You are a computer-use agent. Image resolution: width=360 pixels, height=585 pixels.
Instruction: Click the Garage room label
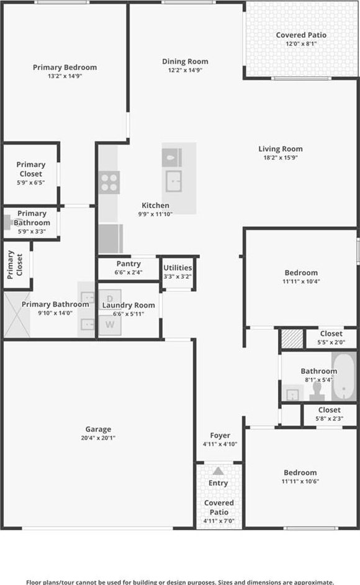pyautogui.click(x=98, y=429)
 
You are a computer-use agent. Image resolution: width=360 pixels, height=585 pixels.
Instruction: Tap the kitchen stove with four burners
pyautogui.click(x=109, y=183)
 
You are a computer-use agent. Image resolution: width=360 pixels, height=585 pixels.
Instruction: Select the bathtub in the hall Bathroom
pyautogui.click(x=344, y=376)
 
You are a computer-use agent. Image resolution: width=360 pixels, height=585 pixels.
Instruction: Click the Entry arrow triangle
pyautogui.click(x=218, y=471)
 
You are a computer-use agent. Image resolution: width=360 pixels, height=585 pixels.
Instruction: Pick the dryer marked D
pyautogui.click(x=110, y=299)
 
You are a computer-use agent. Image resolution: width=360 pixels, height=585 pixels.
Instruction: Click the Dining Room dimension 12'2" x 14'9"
pyautogui.click(x=185, y=70)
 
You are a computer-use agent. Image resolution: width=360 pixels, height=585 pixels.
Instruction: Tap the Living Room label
pyautogui.click(x=281, y=149)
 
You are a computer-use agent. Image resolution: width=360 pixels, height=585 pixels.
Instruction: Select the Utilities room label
pyautogui.click(x=178, y=268)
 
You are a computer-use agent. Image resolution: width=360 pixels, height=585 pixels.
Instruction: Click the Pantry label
pyautogui.click(x=128, y=263)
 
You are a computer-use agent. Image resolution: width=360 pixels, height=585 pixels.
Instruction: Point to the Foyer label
pyautogui.click(x=220, y=435)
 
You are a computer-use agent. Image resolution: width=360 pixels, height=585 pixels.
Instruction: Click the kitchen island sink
pyautogui.click(x=174, y=181)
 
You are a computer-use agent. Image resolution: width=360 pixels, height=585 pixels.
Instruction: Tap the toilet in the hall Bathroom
pyautogui.click(x=317, y=391)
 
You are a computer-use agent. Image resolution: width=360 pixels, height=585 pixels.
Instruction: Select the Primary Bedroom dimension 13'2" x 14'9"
pyautogui.click(x=65, y=76)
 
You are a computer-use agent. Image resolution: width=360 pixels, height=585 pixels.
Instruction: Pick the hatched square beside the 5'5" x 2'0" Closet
pyautogui.click(x=292, y=338)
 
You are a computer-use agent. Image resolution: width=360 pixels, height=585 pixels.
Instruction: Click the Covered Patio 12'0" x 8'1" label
pyautogui.click(x=301, y=39)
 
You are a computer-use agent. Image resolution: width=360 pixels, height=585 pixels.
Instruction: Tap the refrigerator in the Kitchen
pyautogui.click(x=111, y=238)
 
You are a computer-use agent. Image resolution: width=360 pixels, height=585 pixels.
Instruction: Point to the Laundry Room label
pyautogui.click(x=128, y=305)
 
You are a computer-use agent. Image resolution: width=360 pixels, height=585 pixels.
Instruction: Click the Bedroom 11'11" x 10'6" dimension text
pyautogui.click(x=300, y=481)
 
